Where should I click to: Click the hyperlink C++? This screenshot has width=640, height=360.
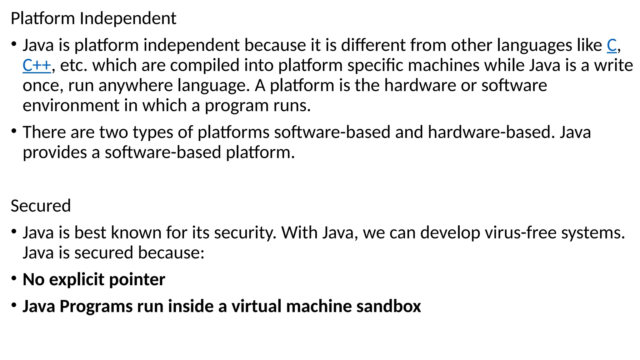pyautogui.click(x=37, y=66)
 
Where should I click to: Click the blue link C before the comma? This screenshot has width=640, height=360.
pyautogui.click(x=612, y=46)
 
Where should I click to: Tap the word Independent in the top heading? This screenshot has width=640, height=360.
pyautogui.click(x=128, y=18)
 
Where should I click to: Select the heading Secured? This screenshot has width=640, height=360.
pyautogui.click(x=41, y=206)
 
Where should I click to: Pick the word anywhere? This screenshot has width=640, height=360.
pyautogui.click(x=136, y=86)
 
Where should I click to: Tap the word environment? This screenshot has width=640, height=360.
pyautogui.click(x=71, y=106)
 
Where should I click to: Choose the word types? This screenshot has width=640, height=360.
pyautogui.click(x=153, y=132)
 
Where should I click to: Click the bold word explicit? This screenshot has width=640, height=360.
pyautogui.click(x=77, y=279)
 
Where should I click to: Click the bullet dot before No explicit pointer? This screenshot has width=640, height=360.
pyautogui.click(x=14, y=278)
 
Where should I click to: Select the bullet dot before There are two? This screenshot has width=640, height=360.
pyautogui.click(x=14, y=131)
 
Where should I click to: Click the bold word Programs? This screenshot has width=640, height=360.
pyautogui.click(x=96, y=307)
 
